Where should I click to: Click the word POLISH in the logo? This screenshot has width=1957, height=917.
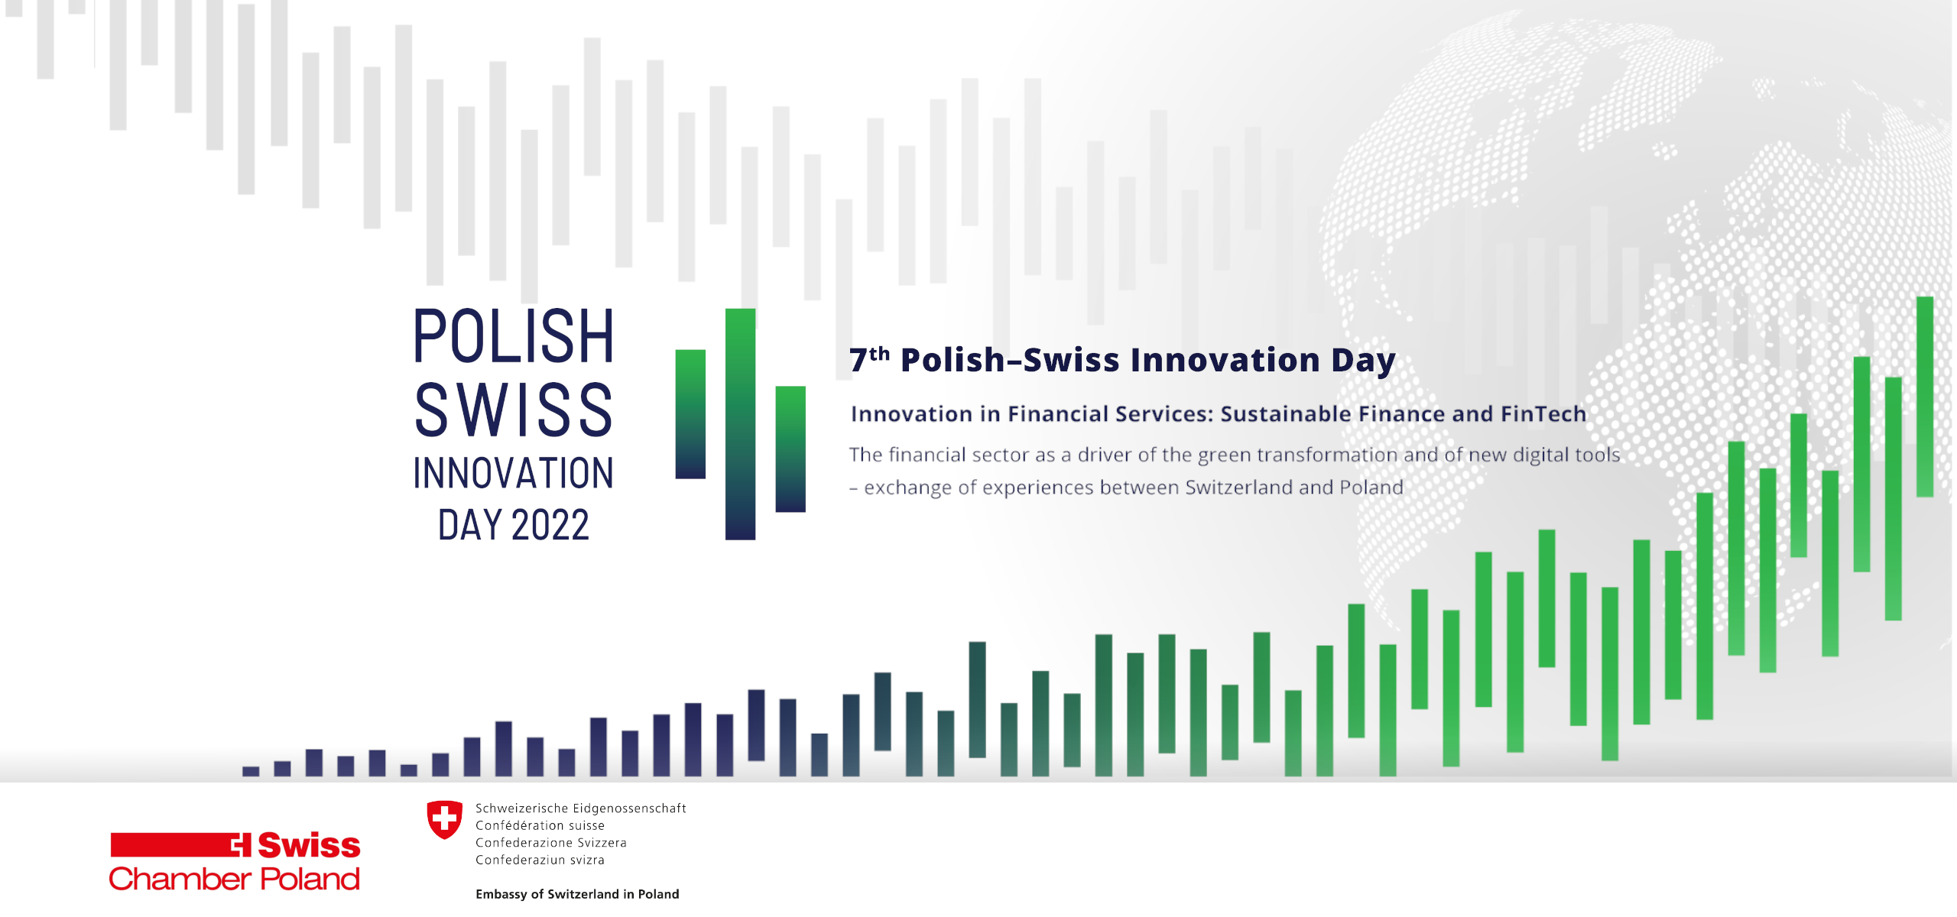(514, 336)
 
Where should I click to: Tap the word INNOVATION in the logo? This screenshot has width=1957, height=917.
(514, 473)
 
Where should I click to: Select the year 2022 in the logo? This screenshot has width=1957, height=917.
(550, 525)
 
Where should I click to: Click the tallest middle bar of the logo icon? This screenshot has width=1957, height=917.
(740, 424)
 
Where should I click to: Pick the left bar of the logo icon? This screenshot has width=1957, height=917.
(690, 414)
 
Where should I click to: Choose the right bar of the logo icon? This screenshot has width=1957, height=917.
(790, 449)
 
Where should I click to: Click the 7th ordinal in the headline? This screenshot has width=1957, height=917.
(870, 359)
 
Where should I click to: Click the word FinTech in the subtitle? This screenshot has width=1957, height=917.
(1543, 413)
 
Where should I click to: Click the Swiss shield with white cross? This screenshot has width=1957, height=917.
(444, 820)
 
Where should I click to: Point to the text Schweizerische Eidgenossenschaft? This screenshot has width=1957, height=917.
(581, 808)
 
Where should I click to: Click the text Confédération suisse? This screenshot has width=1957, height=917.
(540, 825)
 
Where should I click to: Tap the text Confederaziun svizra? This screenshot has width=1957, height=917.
(540, 860)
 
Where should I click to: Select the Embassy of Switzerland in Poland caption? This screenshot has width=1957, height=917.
(577, 894)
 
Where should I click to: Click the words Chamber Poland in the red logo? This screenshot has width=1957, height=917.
(234, 879)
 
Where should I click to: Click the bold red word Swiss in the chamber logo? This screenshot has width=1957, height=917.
(309, 845)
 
